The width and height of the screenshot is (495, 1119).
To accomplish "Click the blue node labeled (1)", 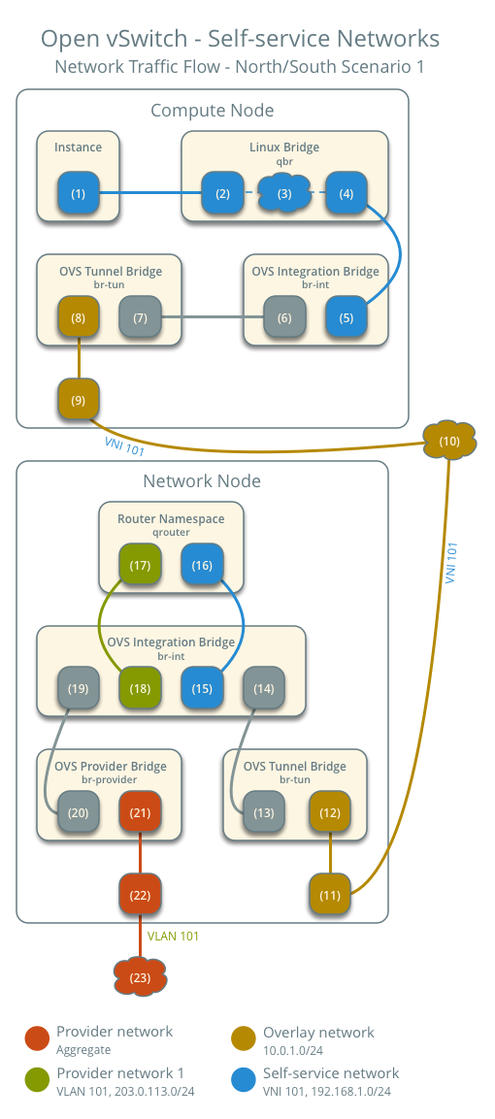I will pos(79,193).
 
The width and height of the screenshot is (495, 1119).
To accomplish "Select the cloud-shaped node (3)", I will pos(284,193).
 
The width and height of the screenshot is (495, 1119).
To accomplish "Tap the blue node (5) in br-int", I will pos(346,317).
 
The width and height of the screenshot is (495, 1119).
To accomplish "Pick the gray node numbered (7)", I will pos(141,317).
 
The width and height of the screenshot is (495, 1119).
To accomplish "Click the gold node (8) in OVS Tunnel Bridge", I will pos(79,317).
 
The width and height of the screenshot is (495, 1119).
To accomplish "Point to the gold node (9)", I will pos(79,399).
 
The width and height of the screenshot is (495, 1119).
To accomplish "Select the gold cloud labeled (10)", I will pos(449,442).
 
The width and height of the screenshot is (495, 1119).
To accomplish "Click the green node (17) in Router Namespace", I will pos(141,564).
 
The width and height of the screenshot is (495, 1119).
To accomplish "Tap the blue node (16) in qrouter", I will pos(203,564).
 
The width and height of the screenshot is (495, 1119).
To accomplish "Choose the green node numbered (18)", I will pos(141,688).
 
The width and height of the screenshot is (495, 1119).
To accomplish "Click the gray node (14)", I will pos(264,688).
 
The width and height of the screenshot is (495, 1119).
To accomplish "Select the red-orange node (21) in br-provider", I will pos(141,811).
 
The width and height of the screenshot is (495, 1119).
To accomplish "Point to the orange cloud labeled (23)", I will pos(141,976).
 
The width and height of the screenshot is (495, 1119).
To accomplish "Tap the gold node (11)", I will pos(331,894).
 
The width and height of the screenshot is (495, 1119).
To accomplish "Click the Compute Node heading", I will pos(212,111).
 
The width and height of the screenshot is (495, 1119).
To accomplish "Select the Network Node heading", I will pos(202,481).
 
